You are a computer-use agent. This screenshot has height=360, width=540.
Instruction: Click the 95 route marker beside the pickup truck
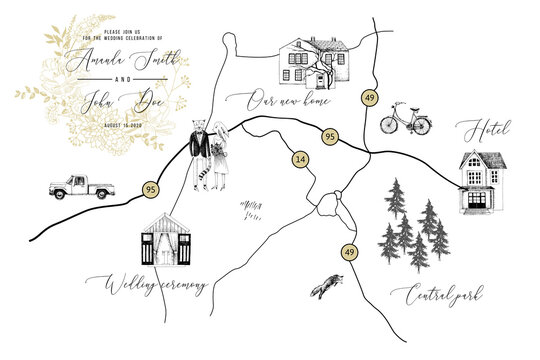150,188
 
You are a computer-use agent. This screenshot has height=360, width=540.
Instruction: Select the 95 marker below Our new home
328,136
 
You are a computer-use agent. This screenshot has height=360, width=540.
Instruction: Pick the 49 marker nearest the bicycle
370,98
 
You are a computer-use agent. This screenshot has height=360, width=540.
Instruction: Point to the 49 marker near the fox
348,252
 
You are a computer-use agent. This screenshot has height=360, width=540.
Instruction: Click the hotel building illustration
483,181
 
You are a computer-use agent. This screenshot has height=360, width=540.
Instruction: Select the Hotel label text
485,130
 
